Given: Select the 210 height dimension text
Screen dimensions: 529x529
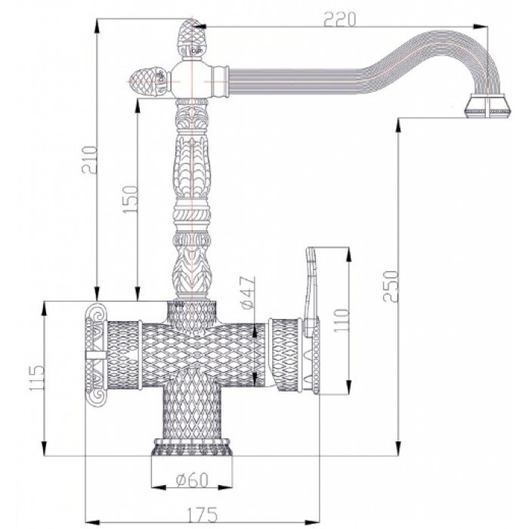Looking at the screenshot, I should pyautogui.click(x=90, y=159).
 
